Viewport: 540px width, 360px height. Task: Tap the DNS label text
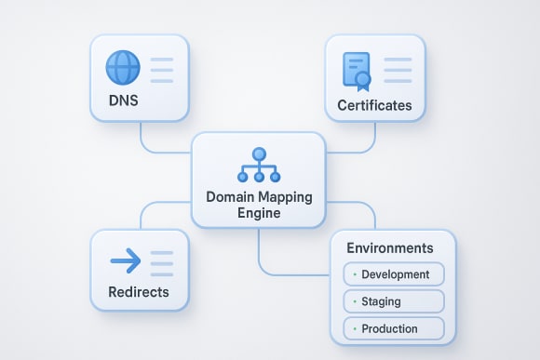tap(124, 100)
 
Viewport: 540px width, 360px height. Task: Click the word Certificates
tap(374, 105)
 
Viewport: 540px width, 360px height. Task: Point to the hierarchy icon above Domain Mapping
tap(259, 166)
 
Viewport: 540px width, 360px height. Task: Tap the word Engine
tap(259, 214)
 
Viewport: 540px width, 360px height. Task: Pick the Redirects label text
tap(139, 292)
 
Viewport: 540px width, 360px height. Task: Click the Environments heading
tap(389, 248)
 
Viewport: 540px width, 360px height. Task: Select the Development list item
tap(395, 274)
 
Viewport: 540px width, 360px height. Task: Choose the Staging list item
tap(382, 301)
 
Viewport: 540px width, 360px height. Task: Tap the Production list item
tap(389, 328)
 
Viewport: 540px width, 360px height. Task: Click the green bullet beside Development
tap(355, 275)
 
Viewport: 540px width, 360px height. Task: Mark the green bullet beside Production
tap(355, 329)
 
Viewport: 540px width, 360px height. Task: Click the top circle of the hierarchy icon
tap(259, 153)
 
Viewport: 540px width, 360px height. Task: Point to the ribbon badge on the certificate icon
tap(365, 80)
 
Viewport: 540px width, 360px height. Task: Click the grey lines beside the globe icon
tap(162, 69)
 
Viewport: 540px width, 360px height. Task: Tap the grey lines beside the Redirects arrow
tap(162, 262)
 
